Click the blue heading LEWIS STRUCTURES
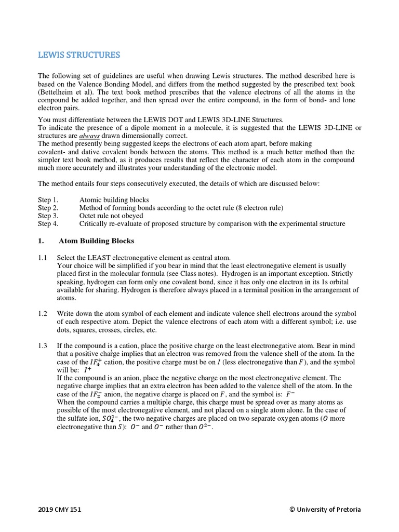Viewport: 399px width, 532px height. coord(79,55)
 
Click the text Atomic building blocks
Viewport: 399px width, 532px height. coord(114,199)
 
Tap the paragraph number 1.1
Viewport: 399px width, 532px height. coord(43,258)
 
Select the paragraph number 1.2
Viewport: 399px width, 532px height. coord(43,314)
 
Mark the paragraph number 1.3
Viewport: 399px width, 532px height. coord(43,345)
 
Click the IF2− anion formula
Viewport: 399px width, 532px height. coord(95,394)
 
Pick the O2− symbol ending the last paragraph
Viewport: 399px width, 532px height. coord(205,427)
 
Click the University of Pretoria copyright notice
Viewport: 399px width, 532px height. coord(325,509)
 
